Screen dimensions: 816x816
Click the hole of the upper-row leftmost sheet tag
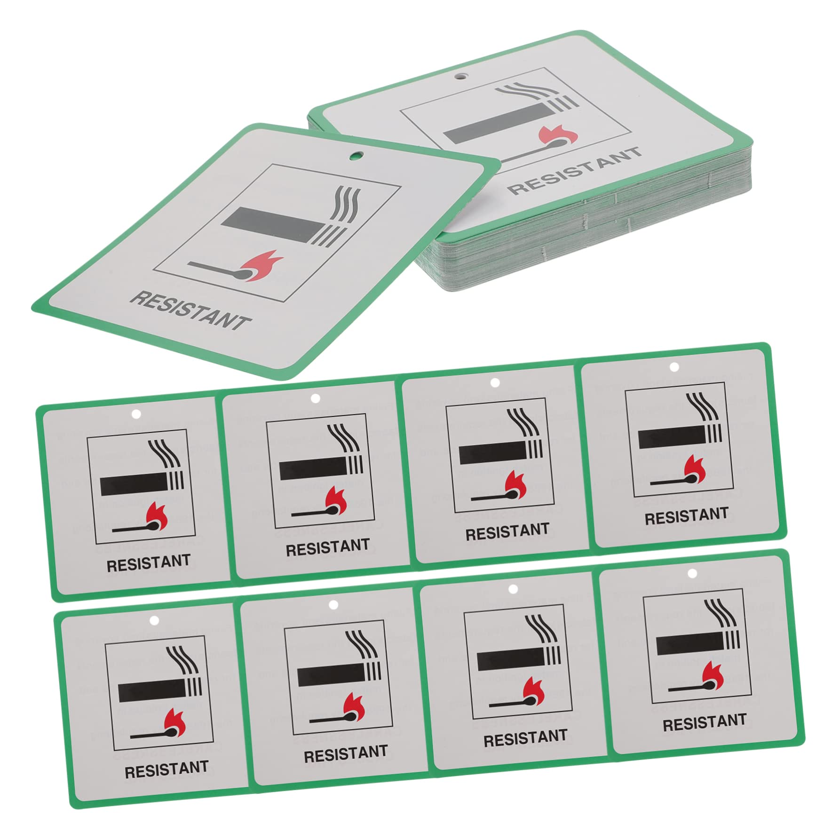click(136, 414)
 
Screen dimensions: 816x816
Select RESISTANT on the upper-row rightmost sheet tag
click(686, 516)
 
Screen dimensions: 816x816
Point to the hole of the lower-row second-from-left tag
click(333, 604)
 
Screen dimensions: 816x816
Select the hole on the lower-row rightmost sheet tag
click(692, 573)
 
